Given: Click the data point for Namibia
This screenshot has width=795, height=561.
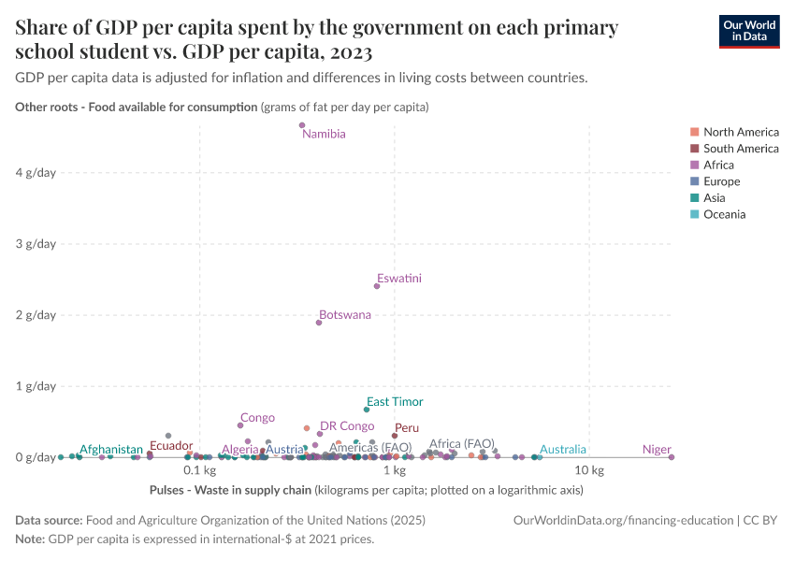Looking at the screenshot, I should (x=302, y=125).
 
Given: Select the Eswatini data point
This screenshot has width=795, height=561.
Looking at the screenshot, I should (x=377, y=286).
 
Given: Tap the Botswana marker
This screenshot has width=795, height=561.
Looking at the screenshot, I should (x=319, y=323).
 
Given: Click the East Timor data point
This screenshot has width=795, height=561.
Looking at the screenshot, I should (x=367, y=410).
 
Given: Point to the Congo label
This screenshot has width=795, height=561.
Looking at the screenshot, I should (x=257, y=418).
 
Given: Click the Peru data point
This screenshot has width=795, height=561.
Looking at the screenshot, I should (x=395, y=436).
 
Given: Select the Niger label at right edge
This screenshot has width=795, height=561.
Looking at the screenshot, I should (x=657, y=450).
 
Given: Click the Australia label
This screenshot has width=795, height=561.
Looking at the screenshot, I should (x=563, y=450).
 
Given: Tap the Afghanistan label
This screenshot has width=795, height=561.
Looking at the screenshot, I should (x=111, y=450).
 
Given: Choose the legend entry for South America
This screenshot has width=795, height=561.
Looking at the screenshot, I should (x=741, y=149).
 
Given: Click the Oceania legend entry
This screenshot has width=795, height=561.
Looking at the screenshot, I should (x=725, y=214).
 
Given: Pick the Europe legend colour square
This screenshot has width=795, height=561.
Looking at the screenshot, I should (x=693, y=181).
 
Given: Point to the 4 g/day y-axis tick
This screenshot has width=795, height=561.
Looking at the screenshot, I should (x=36, y=172).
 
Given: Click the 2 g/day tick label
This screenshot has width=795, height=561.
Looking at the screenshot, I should (x=36, y=314).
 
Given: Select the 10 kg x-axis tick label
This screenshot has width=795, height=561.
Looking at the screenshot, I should (x=589, y=470).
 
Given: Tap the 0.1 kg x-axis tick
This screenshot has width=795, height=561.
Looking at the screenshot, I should (x=200, y=470).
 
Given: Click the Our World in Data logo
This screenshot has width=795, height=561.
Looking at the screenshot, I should (x=748, y=31).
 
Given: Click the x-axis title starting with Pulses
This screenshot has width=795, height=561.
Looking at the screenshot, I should (x=366, y=490).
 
